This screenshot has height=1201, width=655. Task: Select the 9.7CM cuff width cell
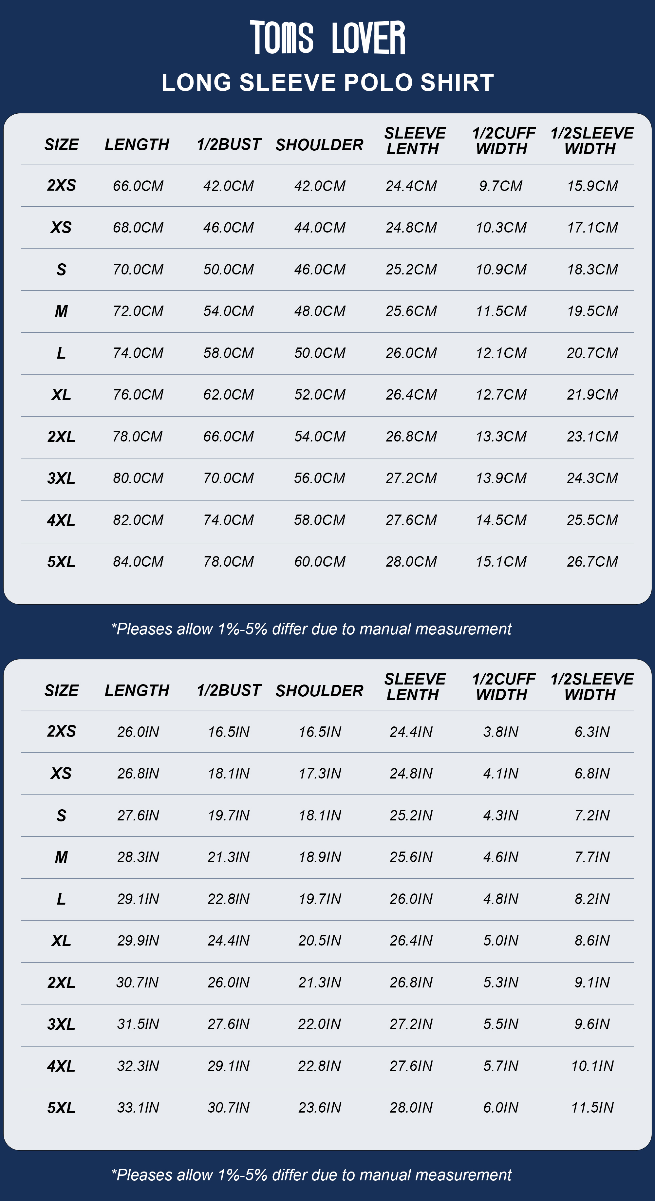coord(501,186)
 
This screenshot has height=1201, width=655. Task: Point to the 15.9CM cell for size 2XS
coord(592,186)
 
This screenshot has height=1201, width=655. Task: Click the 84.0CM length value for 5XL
coord(138,562)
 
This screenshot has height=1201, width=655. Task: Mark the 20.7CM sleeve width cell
coord(592,353)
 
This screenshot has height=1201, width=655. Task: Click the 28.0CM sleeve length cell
coord(411,562)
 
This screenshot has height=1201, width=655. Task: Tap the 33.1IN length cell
coord(138,1107)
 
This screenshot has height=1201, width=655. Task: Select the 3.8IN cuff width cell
coord(501,732)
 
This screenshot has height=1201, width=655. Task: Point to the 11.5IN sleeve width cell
coord(592,1107)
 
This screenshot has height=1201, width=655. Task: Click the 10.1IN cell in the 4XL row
coord(592,1066)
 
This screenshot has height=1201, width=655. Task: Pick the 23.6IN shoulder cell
coord(320,1107)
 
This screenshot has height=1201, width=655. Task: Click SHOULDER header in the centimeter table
coord(319,145)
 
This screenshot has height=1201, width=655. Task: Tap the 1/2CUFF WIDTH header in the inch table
coord(503,687)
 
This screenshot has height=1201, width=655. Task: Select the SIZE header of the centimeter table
coord(62,145)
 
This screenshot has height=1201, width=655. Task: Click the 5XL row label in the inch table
coord(61,1108)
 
